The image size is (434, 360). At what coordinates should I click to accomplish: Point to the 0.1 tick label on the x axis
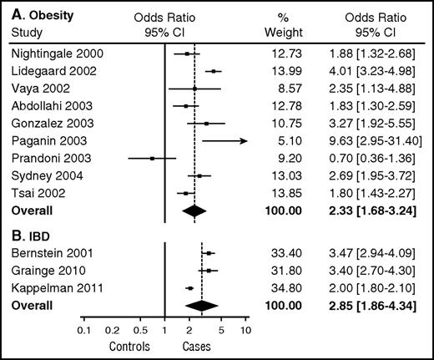pyautogui.click(x=84, y=330)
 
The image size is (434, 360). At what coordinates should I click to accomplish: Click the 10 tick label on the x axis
pyautogui.click(x=246, y=330)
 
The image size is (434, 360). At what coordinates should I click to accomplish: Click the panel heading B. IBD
pyautogui.click(x=43, y=235)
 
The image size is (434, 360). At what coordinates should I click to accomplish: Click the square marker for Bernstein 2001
pyautogui.click(x=209, y=253)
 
